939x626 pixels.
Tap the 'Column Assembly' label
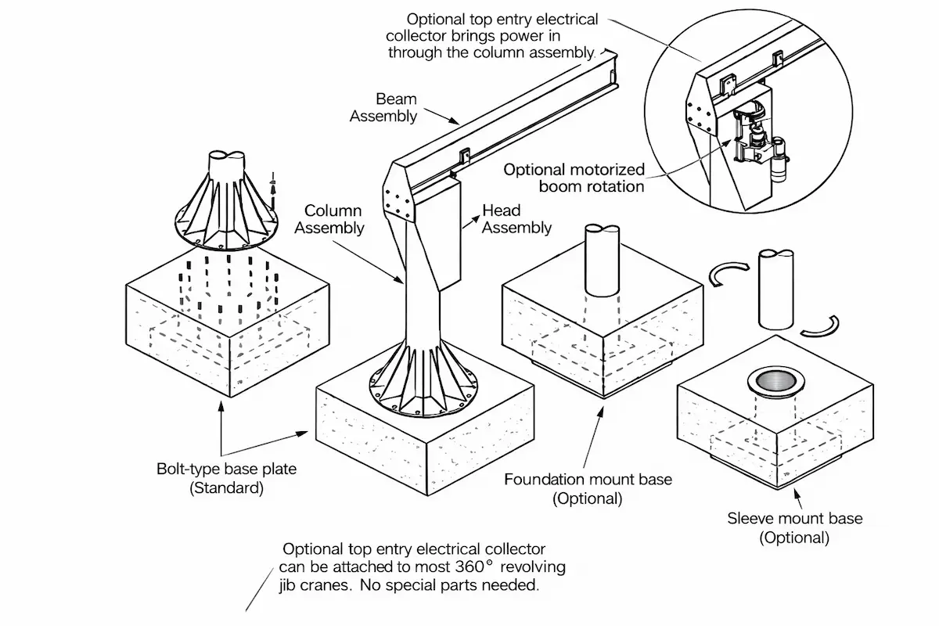tap(333, 219)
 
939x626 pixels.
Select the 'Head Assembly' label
tap(516, 219)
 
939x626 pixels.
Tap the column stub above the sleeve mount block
tap(775, 290)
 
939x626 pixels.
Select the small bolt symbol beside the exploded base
tap(272, 182)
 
